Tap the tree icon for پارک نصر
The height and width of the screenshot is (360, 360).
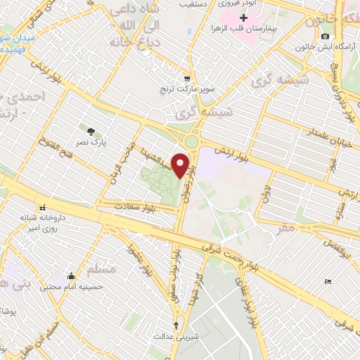coord(91,131)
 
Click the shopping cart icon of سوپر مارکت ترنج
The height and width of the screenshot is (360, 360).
coord(186,79)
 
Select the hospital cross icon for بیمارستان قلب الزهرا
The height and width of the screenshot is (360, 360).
coord(243,18)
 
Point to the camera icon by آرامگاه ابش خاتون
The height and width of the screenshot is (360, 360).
coord(324,37)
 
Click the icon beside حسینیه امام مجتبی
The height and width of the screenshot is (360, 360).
coord(71,276)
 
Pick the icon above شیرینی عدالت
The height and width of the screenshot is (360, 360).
coord(176,325)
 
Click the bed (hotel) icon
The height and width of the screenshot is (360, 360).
coord(328,282)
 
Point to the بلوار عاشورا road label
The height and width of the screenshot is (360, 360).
coord(140,261)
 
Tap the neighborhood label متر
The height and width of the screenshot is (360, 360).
coord(286,228)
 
